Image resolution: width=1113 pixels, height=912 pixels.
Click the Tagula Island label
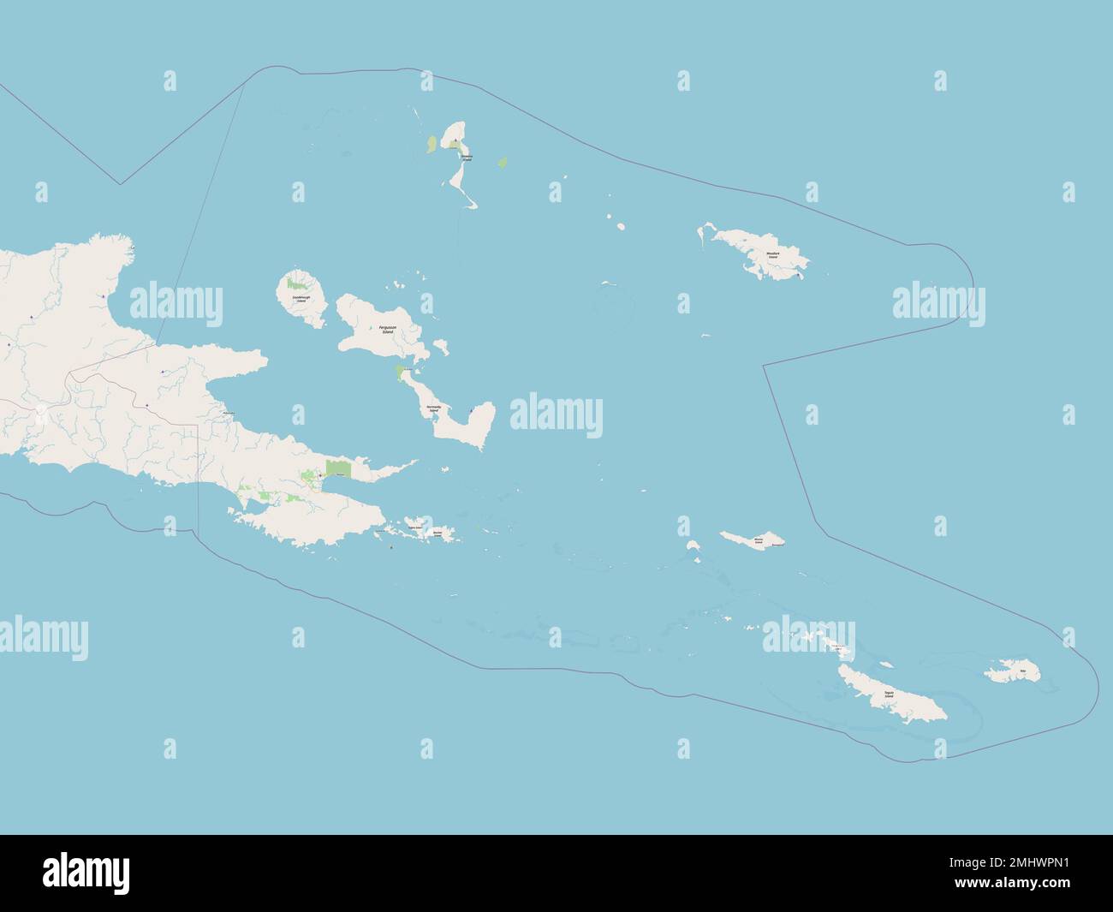888,694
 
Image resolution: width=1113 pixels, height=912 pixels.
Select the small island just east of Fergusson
441,347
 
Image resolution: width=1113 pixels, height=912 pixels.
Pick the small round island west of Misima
692,545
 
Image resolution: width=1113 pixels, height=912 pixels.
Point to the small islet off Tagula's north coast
886,664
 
